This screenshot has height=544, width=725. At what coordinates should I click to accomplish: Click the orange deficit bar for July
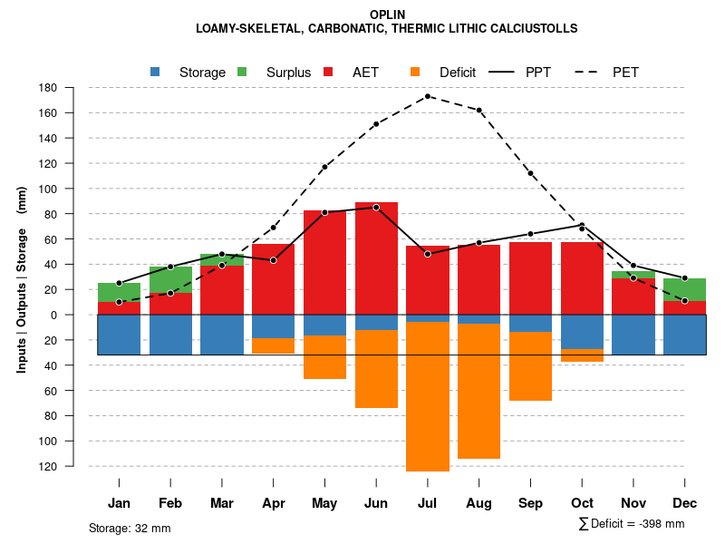point(428,396)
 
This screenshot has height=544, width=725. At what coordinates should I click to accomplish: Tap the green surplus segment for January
point(119,292)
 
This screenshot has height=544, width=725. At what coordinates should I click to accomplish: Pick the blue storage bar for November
point(633,335)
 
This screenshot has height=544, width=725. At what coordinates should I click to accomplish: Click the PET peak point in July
point(428,96)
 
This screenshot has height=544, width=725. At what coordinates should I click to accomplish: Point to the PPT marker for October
point(582,225)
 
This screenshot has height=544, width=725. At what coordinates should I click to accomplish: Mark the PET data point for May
point(324,167)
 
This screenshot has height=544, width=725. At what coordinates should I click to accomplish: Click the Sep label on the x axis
point(531,503)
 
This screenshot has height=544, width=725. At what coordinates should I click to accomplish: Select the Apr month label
point(274,503)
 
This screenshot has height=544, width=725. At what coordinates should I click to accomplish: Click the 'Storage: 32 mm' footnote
point(130,528)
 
